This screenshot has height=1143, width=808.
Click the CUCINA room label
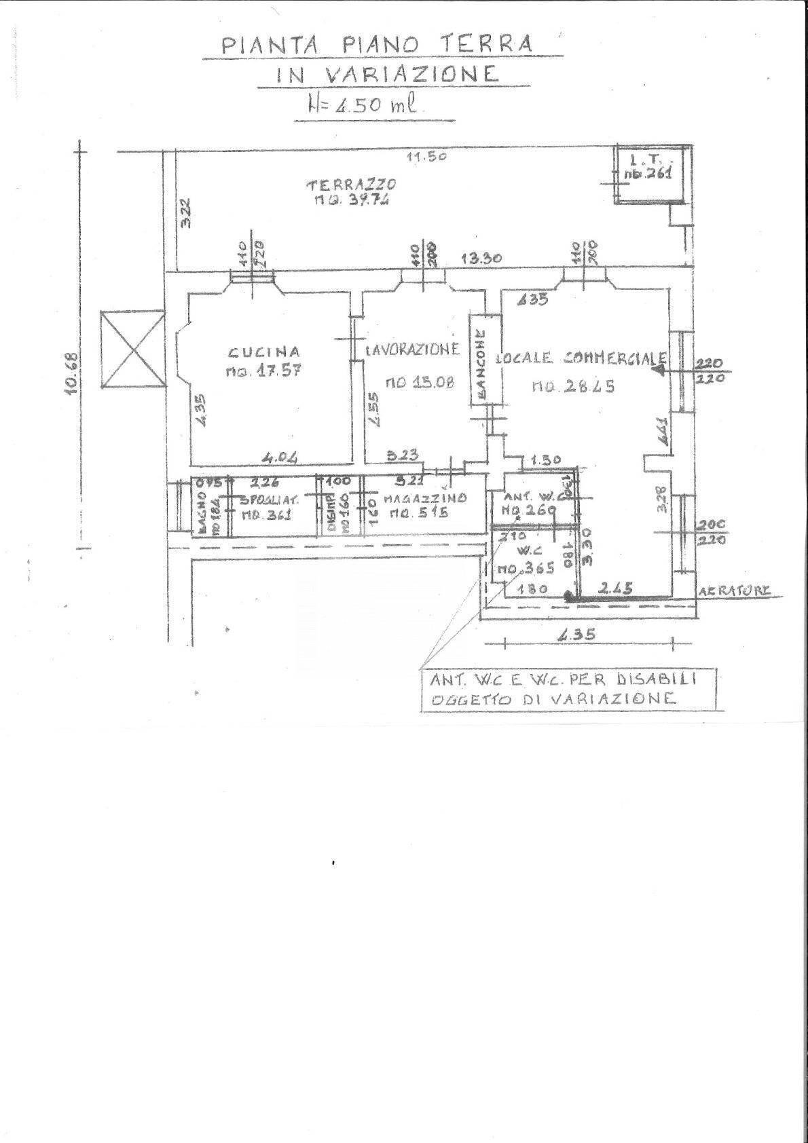pyautogui.click(x=264, y=352)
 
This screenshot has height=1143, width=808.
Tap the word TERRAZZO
pyautogui.click(x=350, y=184)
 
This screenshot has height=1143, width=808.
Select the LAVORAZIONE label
pyautogui.click(x=412, y=350)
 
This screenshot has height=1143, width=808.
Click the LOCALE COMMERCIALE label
pyautogui.click(x=581, y=358)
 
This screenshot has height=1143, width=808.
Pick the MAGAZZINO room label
pyautogui.click(x=424, y=498)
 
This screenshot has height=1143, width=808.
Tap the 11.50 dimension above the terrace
pyautogui.click(x=424, y=157)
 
